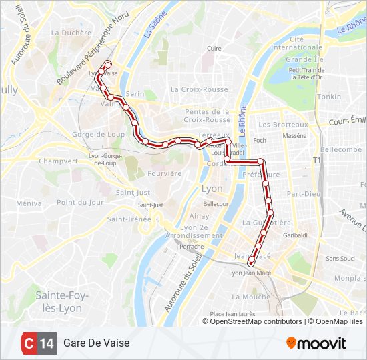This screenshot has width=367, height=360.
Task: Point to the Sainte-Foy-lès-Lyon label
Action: pyautogui.click(x=59, y=301)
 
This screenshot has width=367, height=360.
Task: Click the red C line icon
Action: pyautogui.click(x=29, y=343)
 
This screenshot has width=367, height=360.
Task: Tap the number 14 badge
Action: pyautogui.click(x=47, y=343)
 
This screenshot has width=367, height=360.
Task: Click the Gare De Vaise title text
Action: pyautogui.click(x=97, y=343)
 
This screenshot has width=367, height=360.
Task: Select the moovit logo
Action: pyautogui.click(x=316, y=343)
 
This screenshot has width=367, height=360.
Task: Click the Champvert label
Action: pyautogui.click(x=58, y=161)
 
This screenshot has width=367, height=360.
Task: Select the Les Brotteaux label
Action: pyautogui.click(x=283, y=125)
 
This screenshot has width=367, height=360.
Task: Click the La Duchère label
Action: pyautogui.click(x=71, y=32)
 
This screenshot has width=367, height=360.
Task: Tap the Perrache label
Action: pyautogui.click(x=192, y=246)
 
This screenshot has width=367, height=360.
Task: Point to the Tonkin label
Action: pyautogui.click(x=328, y=97)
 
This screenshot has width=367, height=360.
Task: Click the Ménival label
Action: pyautogui.click(x=30, y=203)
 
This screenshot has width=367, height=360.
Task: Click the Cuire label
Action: pyautogui.click(x=214, y=48)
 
